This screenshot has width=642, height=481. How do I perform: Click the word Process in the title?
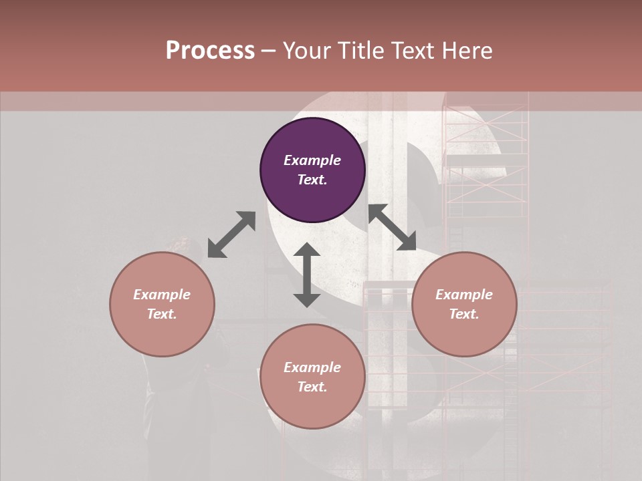(x=210, y=51)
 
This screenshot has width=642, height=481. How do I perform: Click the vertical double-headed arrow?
(x=307, y=275)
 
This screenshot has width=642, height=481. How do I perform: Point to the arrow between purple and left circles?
(x=231, y=234)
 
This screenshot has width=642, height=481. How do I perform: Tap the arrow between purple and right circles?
(x=392, y=227)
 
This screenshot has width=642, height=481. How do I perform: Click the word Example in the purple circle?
(x=312, y=160)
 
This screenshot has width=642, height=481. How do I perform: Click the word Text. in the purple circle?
(x=312, y=180)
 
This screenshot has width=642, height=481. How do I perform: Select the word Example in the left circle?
(x=162, y=295)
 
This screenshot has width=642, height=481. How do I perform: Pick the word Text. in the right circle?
(x=464, y=314)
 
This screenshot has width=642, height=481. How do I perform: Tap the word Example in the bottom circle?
(x=312, y=367)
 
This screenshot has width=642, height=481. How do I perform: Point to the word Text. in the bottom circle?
(x=312, y=387)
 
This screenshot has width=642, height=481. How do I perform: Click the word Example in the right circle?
(x=464, y=295)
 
